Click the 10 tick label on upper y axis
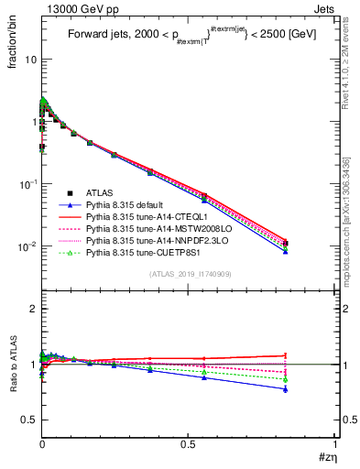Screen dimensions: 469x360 pyautogui.click(x=29, y=60)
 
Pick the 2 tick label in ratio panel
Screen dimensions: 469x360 pyautogui.click(x=33, y=310)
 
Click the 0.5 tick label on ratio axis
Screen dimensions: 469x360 pyautogui.click(x=27, y=420)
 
